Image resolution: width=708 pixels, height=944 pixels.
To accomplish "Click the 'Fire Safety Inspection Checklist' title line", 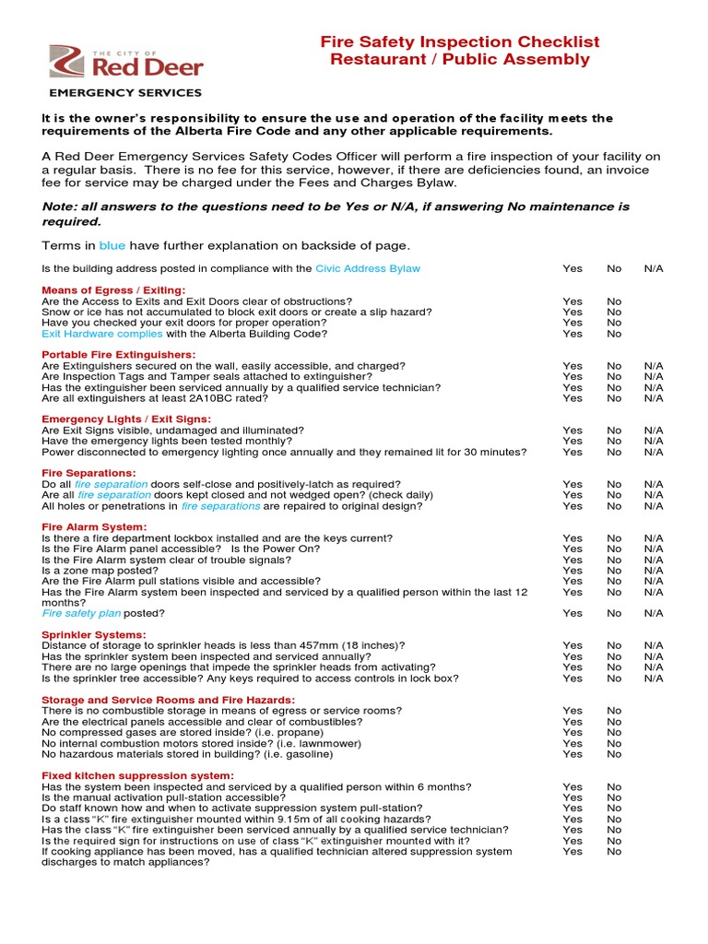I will (459, 41).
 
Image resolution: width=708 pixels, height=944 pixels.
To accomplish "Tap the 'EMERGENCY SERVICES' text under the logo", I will (124, 93).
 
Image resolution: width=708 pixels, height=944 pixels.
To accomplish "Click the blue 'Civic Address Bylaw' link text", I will (368, 268).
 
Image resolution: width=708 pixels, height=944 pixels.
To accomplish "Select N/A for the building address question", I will (654, 268).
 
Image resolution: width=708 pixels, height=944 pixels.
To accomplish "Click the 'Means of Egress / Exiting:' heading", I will (113, 290).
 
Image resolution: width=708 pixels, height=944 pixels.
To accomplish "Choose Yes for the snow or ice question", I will (572, 313).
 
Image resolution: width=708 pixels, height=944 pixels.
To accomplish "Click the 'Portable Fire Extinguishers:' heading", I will (119, 355).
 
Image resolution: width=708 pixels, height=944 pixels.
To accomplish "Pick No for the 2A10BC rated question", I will (614, 398).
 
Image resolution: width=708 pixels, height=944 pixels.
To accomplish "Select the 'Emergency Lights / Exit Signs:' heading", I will (126, 419).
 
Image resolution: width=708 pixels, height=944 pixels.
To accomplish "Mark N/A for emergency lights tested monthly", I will (654, 442).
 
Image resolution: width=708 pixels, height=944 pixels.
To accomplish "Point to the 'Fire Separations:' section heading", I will (88, 473).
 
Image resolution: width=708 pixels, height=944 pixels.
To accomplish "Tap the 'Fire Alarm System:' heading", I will (94, 527).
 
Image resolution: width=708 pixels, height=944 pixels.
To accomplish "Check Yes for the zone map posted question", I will (572, 571).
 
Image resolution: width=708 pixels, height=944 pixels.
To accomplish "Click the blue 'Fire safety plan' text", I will (81, 613).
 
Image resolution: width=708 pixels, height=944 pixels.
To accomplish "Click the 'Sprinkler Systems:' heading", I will (94, 634).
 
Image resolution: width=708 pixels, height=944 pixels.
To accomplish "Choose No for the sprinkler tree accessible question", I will (614, 678).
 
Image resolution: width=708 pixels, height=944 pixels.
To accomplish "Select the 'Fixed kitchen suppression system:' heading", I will (138, 775).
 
